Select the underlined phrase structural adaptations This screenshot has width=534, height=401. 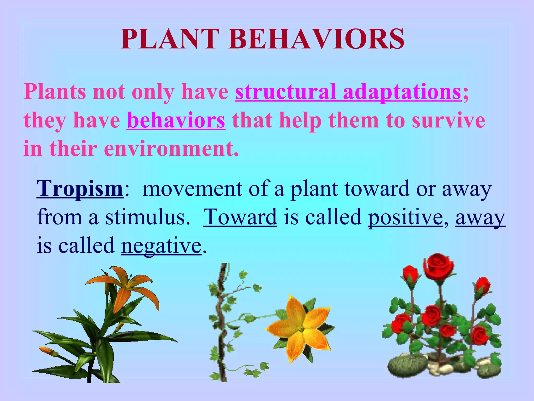(348, 92)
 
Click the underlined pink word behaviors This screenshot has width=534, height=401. (176, 120)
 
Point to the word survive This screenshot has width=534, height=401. (448, 120)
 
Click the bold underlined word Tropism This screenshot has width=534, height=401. (80, 189)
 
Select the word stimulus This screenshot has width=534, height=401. (145, 217)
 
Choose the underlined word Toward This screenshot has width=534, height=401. (240, 217)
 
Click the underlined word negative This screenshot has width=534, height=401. (161, 246)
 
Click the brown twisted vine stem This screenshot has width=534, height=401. (222, 326)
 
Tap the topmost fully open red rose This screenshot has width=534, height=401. (439, 266)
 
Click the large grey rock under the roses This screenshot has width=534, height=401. (407, 365)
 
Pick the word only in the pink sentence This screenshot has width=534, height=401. (153, 92)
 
